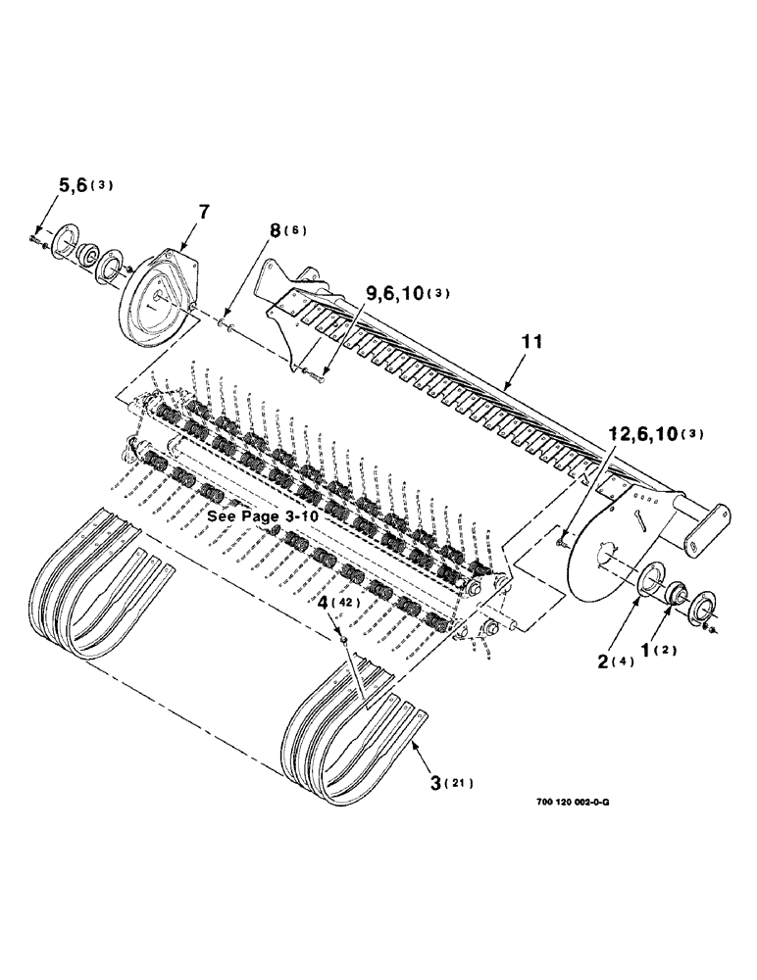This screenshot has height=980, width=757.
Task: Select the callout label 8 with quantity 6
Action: click(277, 232)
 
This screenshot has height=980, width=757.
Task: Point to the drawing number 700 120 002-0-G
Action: click(574, 800)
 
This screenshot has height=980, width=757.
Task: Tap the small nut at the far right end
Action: click(717, 627)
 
